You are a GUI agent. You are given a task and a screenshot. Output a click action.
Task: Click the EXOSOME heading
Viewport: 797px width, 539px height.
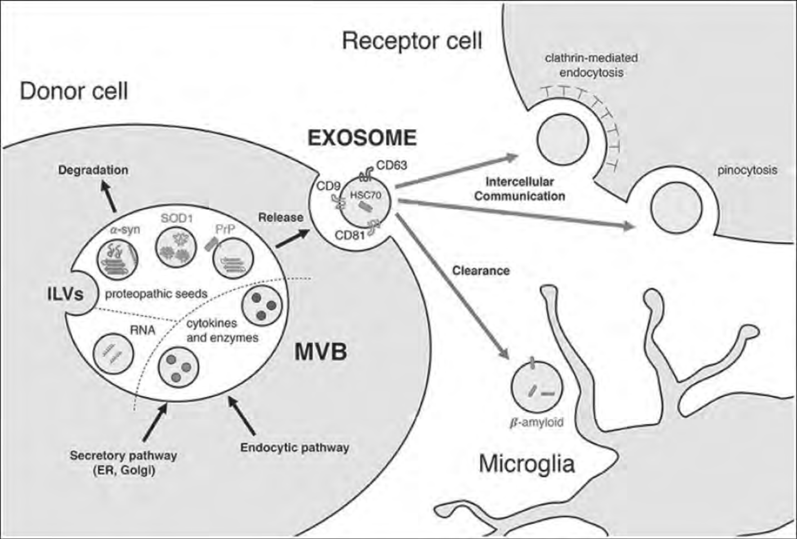[x=362, y=138]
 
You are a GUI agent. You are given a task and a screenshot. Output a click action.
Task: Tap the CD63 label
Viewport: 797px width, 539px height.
[x=392, y=165]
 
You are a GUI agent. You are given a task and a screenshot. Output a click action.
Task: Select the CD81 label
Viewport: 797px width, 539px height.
[x=350, y=235]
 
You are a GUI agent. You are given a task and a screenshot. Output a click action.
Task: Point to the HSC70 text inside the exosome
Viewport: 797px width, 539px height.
[x=365, y=195]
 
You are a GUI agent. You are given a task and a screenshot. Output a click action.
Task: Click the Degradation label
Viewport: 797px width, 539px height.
[x=93, y=170]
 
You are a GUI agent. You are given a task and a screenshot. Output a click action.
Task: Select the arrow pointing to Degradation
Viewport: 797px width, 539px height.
[x=109, y=197]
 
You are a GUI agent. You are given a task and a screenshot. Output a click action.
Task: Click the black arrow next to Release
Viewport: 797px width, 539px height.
[x=293, y=239]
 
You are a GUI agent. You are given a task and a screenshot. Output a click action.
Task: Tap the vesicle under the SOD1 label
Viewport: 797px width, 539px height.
[x=176, y=247]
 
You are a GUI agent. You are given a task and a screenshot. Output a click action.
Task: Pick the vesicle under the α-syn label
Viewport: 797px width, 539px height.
[x=118, y=259]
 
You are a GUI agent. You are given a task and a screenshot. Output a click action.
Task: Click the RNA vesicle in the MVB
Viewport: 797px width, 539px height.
[x=113, y=353]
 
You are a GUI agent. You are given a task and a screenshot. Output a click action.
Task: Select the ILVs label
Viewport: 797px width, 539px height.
[x=65, y=294]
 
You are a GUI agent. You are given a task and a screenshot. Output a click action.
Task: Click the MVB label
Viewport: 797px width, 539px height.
[x=321, y=352]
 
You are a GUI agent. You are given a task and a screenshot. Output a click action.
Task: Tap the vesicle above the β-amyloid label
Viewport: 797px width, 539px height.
[x=537, y=387]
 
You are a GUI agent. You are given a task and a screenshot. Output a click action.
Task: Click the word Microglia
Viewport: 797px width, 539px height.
[x=526, y=464]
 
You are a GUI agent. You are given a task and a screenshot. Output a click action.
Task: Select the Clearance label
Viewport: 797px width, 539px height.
[x=481, y=271]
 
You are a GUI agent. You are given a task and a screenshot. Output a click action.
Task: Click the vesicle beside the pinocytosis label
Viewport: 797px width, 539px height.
[x=676, y=208]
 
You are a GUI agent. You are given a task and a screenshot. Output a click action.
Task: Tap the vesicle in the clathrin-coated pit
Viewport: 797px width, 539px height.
[x=563, y=139]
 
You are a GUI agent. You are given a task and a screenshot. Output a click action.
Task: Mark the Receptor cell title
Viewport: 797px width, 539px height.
[x=412, y=41]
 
